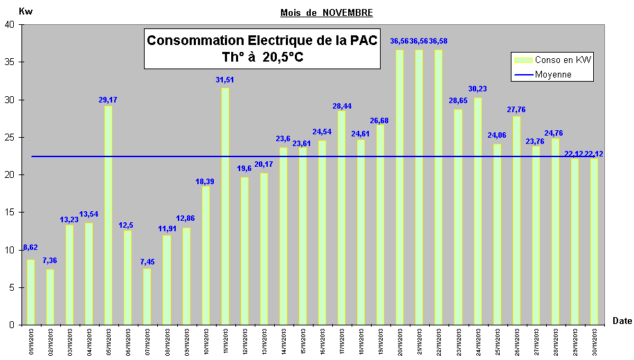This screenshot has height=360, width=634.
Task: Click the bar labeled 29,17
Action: pos(108,215)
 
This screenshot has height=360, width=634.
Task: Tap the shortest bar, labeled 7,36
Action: pos(50,297)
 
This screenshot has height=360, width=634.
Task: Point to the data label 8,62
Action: pos(30,246)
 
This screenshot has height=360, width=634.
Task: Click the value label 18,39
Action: pos(205,181)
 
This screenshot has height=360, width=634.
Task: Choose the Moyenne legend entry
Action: pos(553,75)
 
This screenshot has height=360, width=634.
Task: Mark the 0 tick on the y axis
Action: pos(12,325)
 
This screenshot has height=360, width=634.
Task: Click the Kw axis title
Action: pos(25,11)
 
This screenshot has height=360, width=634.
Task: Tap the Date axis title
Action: pos(622,320)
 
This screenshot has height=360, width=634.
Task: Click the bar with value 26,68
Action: pos(380,224)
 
